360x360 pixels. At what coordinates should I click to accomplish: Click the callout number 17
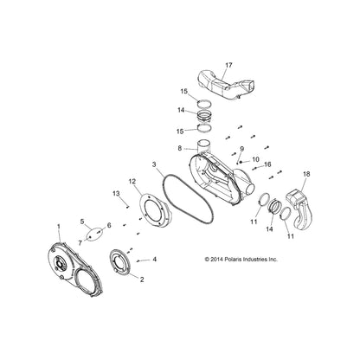pyautogui.click(x=228, y=65)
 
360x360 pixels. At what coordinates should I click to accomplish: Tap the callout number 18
pyautogui.click(x=306, y=174)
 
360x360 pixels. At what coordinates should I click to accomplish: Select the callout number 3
pyautogui.click(x=154, y=164)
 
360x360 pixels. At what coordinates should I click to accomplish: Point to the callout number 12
pyautogui.click(x=132, y=181)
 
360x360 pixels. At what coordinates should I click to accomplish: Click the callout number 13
pyautogui.click(x=116, y=193)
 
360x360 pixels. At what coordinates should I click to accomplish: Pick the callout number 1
pyautogui.click(x=59, y=227)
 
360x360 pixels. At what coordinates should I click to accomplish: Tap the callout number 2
pyautogui.click(x=142, y=280)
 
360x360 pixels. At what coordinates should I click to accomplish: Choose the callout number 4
pyautogui.click(x=155, y=260)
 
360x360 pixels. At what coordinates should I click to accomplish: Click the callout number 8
pyautogui.click(x=180, y=149)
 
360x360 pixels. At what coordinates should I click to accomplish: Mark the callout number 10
pyautogui.click(x=255, y=159)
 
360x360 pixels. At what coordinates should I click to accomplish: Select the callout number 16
pyautogui.click(x=267, y=164)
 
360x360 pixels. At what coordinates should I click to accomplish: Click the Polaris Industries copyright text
pyautogui.click(x=241, y=259)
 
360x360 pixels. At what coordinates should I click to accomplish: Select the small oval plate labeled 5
pyautogui.click(x=94, y=233)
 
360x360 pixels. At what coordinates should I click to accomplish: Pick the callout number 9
pyautogui.click(x=241, y=149)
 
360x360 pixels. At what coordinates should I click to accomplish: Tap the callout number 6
pyautogui.click(x=109, y=225)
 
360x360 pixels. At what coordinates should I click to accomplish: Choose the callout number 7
pyautogui.click(x=80, y=243)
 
